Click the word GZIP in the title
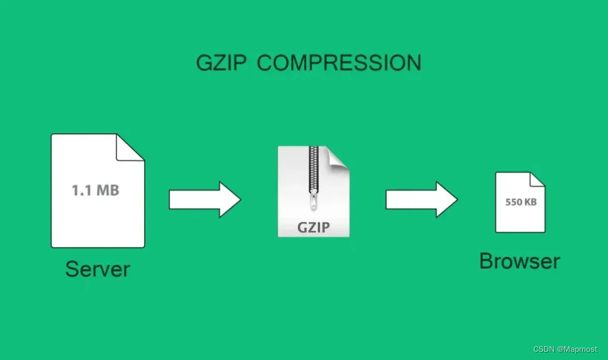click(222, 63)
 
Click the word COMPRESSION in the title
click(339, 63)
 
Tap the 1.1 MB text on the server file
click(95, 190)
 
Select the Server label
click(98, 269)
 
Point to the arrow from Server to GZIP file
click(204, 199)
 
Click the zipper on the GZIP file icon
click(314, 172)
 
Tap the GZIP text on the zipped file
click(314, 227)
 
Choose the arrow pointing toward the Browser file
click(421, 199)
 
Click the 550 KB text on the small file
click(520, 203)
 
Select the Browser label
click(519, 261)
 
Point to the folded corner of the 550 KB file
click(537, 180)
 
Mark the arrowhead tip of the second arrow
click(456, 199)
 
